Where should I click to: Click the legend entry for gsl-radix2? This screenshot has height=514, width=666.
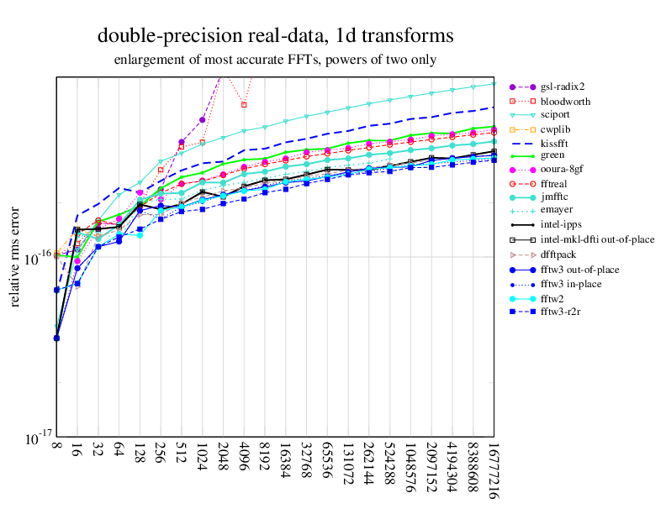click(563, 86)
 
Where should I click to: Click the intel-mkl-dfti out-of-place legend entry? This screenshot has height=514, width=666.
click(597, 239)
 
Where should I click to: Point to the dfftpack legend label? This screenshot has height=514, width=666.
click(559, 254)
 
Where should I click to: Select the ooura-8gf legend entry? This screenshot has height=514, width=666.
click(563, 168)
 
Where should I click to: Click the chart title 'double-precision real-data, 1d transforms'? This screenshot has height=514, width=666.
click(276, 36)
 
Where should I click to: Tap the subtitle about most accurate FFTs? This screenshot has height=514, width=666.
click(276, 60)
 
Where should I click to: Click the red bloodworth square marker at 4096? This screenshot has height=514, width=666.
click(244, 105)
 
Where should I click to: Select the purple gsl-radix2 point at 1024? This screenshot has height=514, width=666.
click(203, 119)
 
